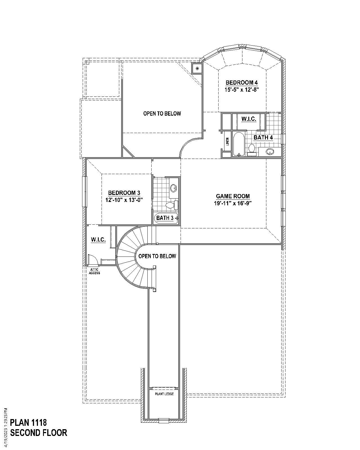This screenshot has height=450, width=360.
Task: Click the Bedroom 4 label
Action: coord(242,83)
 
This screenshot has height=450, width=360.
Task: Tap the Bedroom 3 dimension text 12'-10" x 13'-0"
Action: coord(124,200)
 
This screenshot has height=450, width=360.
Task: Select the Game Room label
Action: coord(233,196)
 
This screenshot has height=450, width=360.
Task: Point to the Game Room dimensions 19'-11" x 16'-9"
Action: coord(233,203)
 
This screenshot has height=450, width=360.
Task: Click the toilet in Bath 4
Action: coord(252,149)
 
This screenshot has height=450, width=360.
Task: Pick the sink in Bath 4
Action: coord(270,152)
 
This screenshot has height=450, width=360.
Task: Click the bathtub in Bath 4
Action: coord(238,144)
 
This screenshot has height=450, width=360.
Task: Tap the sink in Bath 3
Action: coord(174,188)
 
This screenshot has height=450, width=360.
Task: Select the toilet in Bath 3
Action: coord(172,205)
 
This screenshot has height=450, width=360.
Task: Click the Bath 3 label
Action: coord(165,218)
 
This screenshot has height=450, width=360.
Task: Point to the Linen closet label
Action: coord(227,141)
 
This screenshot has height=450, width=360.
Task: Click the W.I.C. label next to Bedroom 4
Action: coord(249,119)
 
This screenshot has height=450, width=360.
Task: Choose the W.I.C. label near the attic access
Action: coord(98,240)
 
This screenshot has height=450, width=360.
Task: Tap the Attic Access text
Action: coord(94,271)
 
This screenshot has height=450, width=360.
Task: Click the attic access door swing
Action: coord(93,260)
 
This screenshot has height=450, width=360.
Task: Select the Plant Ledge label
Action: coord(164,394)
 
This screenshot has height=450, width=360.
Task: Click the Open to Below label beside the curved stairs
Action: coord(157,256)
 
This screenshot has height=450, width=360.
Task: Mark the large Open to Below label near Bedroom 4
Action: coord(162,114)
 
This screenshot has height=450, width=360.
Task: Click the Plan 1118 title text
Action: coord(28,422)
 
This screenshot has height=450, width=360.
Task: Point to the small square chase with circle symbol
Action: coord(197,68)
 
